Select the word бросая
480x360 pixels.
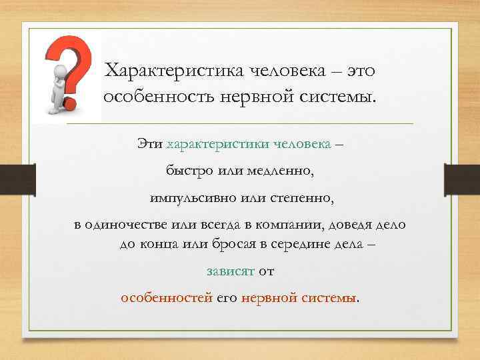221,244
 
